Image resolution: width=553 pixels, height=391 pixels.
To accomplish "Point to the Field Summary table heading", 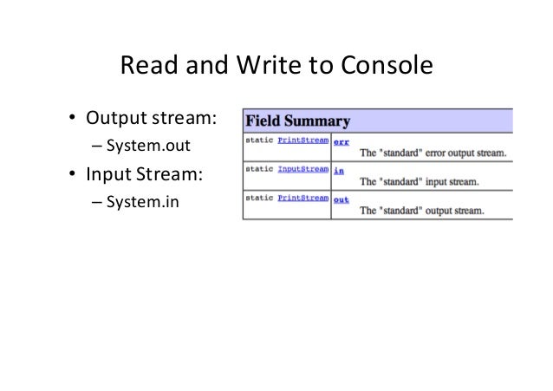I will point(297,120).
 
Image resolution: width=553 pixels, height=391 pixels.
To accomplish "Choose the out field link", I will point(342,199).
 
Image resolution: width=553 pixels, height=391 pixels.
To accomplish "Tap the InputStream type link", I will point(303,169).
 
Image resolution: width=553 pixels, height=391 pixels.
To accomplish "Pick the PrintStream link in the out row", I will point(303,199).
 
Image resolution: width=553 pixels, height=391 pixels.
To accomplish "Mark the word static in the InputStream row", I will point(259,169).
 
